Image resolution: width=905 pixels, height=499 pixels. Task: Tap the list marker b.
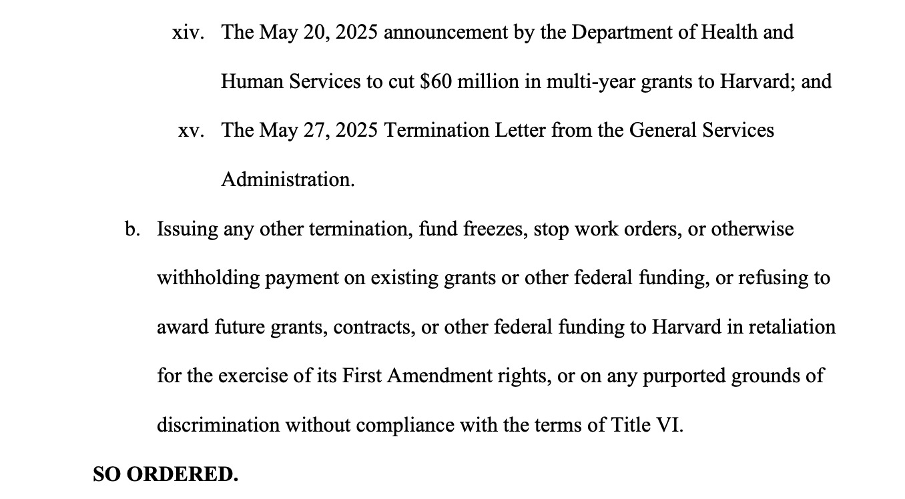click(132, 229)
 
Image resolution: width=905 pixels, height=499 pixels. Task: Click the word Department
click(621, 33)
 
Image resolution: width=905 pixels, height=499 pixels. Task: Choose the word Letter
click(520, 130)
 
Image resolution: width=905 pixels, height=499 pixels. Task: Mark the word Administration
click(288, 180)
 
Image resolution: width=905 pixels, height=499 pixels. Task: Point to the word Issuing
click(188, 230)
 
